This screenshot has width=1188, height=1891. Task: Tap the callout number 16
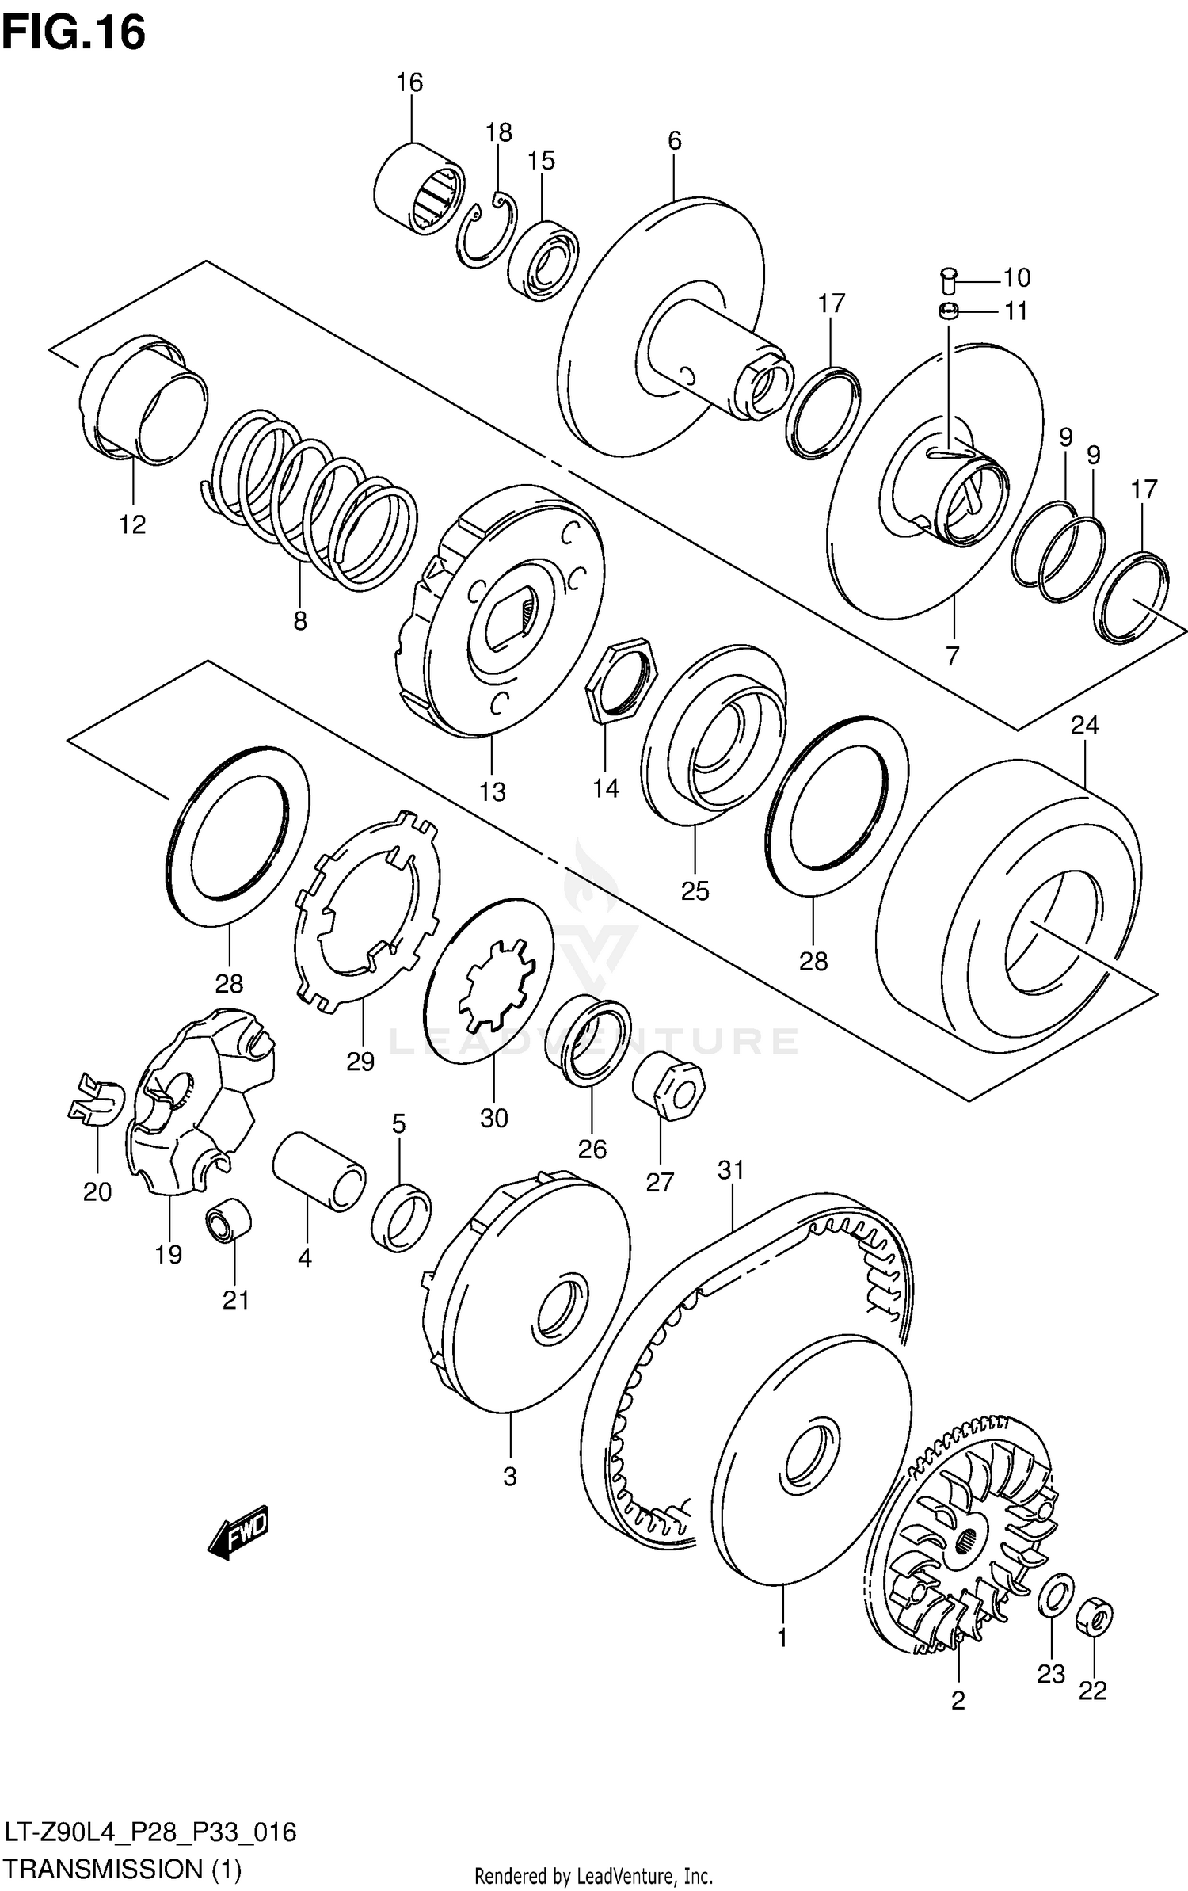click(x=409, y=82)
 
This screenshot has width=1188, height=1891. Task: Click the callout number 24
click(x=1084, y=725)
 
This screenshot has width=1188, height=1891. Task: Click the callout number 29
click(x=360, y=1061)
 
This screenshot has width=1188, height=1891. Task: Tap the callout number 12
click(x=132, y=524)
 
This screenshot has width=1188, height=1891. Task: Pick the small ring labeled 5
click(x=402, y=1217)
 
